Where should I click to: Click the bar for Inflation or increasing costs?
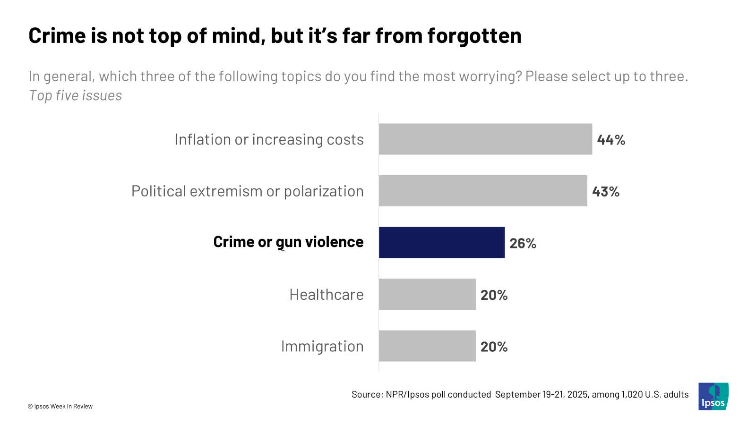coord(485,139)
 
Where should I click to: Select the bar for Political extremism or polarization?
coord(483,191)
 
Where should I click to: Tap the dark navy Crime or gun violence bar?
coord(441,242)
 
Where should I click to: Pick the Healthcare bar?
coord(427,294)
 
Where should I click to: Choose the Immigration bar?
coord(427,346)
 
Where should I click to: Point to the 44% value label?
coord(611,140)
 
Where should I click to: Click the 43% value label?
coord(606,191)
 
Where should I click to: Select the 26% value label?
coord(523,243)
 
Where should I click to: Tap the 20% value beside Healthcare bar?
coord(494,295)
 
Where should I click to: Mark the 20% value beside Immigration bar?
coord(494,347)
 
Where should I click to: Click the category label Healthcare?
coord(326,295)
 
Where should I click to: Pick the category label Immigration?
coord(322,346)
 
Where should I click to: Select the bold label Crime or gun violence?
coord(288,242)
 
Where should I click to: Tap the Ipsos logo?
coord(713,396)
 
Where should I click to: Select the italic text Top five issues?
coord(76,95)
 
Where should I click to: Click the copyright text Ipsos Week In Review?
coord(60,406)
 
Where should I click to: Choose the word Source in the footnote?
coord(367,394)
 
